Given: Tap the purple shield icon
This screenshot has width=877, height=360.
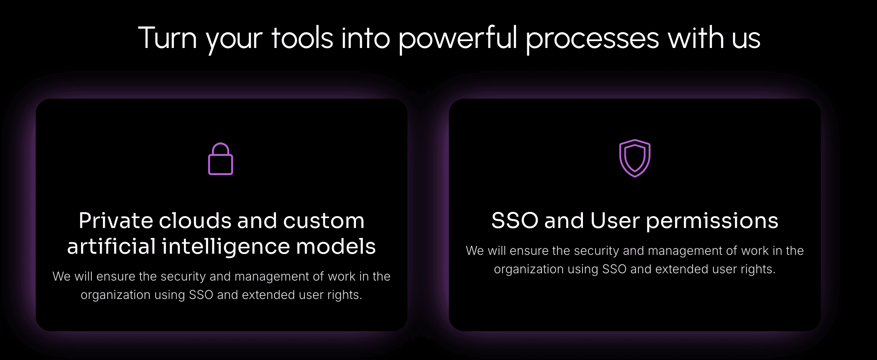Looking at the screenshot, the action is pyautogui.click(x=635, y=158).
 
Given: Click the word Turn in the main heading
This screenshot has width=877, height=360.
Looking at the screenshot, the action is pyautogui.click(x=167, y=38).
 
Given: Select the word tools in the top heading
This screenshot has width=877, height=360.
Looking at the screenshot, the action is pyautogui.click(x=302, y=38).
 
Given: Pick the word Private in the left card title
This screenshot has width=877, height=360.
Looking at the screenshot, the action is pyautogui.click(x=116, y=221).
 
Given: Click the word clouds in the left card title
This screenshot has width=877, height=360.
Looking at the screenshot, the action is pyautogui.click(x=195, y=221).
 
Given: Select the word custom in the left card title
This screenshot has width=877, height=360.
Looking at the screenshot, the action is pyautogui.click(x=324, y=221).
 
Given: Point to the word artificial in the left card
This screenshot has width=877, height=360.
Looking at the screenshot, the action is pyautogui.click(x=111, y=246).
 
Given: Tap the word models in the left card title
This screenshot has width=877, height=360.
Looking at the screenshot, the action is pyautogui.click(x=336, y=246).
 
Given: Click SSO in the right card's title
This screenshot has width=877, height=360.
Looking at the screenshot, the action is pyautogui.click(x=515, y=221).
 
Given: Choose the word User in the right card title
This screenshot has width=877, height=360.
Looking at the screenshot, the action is pyautogui.click(x=615, y=221).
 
